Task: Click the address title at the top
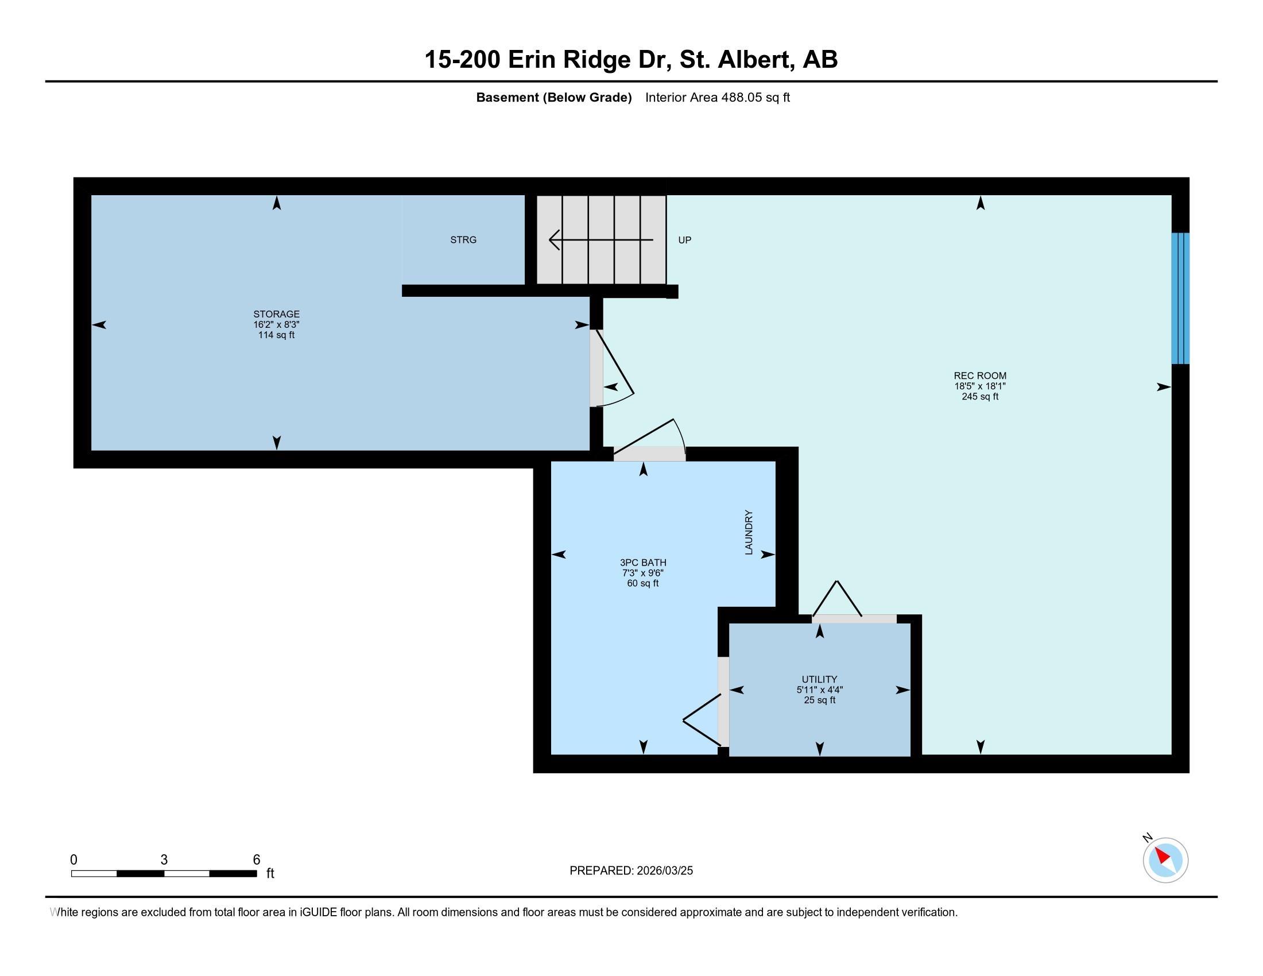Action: tap(631, 60)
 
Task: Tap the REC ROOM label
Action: tap(979, 376)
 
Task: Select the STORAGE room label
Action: tap(277, 315)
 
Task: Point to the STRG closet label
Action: tap(463, 239)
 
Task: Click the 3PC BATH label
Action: tap(643, 563)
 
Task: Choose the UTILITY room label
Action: tap(819, 679)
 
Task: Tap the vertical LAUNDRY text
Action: tap(749, 532)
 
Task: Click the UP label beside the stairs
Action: tap(685, 240)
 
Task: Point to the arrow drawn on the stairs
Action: tap(601, 239)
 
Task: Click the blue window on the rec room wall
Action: tap(1180, 299)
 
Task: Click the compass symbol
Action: tap(1165, 860)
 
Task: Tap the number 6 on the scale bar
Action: tap(256, 860)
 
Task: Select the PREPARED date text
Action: tap(631, 871)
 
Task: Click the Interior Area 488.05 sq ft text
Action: tap(717, 98)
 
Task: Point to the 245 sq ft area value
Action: tap(979, 397)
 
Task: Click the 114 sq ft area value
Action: tap(277, 335)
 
